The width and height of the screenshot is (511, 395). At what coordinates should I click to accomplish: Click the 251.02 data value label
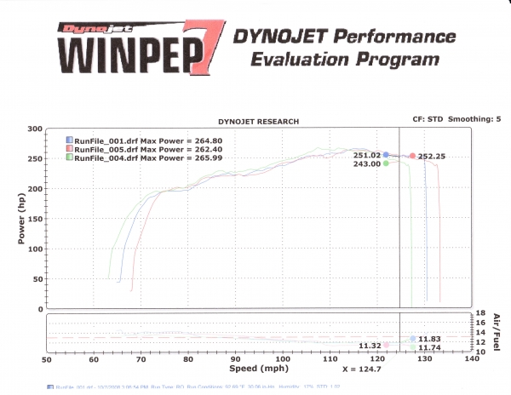pos(368,156)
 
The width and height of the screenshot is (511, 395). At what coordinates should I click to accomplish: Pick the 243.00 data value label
pos(368,164)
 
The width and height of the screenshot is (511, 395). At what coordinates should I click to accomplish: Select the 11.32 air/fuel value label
pos(370,346)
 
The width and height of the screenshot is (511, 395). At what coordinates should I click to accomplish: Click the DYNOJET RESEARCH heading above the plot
pos(255,122)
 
